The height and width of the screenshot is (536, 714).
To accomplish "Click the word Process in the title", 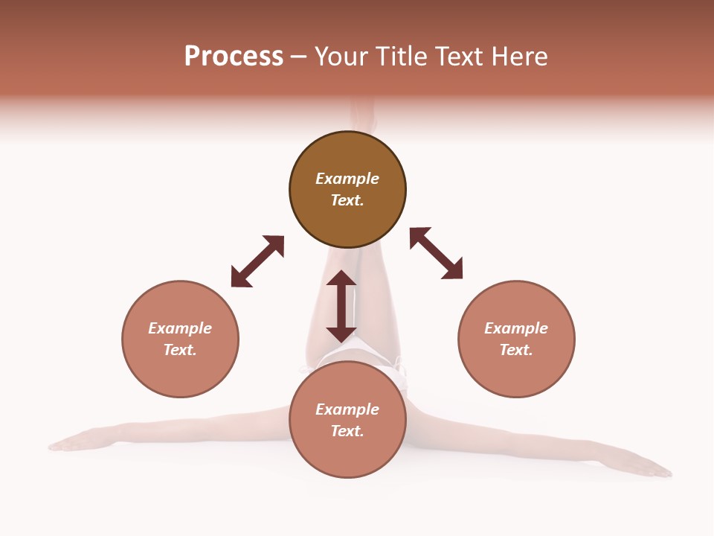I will click(234, 57).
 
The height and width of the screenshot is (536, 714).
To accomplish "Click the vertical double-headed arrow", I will click(341, 306).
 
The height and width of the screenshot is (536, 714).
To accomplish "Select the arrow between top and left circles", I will click(257, 261).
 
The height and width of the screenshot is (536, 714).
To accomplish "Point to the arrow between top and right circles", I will click(436, 253).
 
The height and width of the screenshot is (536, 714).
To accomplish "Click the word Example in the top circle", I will click(347, 179).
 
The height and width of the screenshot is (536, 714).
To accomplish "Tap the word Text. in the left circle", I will click(180, 350).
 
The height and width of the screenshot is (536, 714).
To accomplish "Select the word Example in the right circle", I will click(516, 328).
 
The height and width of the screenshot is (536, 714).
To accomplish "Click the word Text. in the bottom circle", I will click(347, 431).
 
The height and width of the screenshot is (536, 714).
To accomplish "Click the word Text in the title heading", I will click(457, 57).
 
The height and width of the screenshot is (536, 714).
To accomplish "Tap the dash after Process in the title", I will click(299, 57).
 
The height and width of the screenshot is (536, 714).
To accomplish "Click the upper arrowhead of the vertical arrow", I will click(341, 280).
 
